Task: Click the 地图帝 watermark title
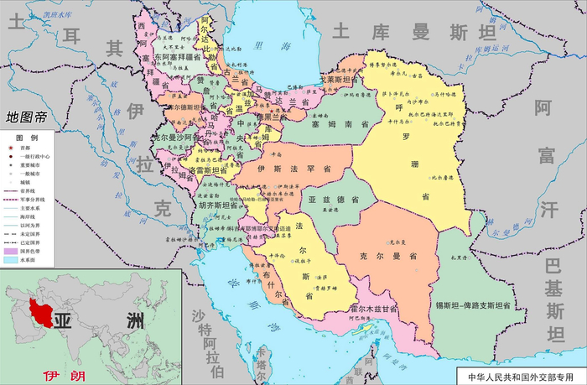tap(25, 118)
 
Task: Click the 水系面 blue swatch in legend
tap(16, 260)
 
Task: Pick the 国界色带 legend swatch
tap(16, 250)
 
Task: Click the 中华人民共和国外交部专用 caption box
tap(520, 376)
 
